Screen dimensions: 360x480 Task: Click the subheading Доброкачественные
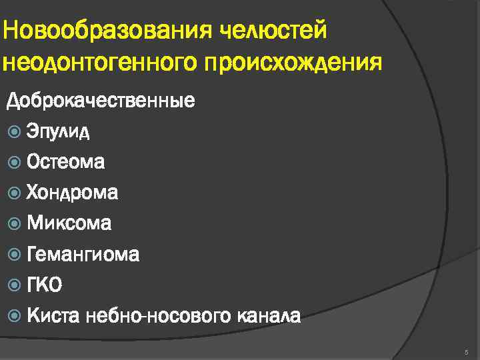tap(101, 101)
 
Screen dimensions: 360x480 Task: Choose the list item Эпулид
tap(59, 131)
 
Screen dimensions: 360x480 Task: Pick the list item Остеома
tap(65, 162)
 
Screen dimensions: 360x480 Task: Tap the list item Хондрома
tap(72, 193)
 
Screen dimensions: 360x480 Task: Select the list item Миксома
tap(69, 223)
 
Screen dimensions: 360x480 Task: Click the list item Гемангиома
tap(83, 254)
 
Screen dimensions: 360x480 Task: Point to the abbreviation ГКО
tap(45, 285)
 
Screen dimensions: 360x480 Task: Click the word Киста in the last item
tap(50, 315)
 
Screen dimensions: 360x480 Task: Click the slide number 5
tap(467, 351)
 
